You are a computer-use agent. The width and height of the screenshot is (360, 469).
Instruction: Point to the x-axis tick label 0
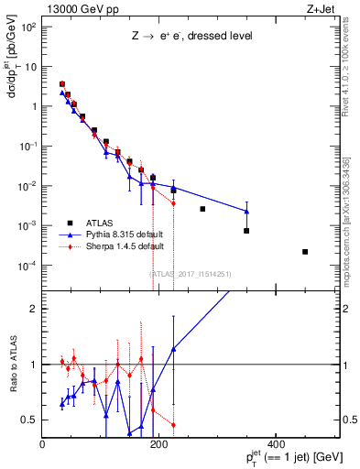click(x=43, y=444)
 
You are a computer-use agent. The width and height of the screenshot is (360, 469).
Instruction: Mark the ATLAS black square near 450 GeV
click(x=305, y=252)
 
